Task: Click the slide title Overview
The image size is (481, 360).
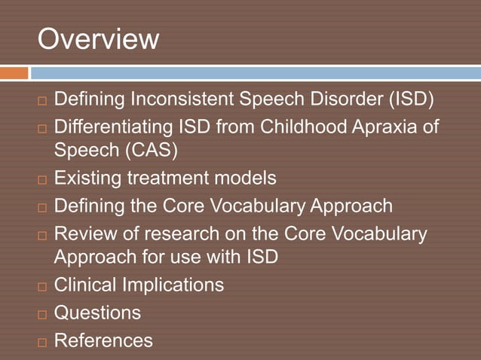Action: click(x=98, y=39)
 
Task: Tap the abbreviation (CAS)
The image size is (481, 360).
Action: click(x=148, y=151)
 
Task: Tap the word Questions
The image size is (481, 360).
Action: click(x=97, y=312)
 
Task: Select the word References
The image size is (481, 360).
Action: click(x=103, y=340)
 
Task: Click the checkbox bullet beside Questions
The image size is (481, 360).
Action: click(x=42, y=313)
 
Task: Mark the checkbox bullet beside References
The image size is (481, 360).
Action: click(x=42, y=341)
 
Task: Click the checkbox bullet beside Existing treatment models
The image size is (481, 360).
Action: click(x=42, y=180)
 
